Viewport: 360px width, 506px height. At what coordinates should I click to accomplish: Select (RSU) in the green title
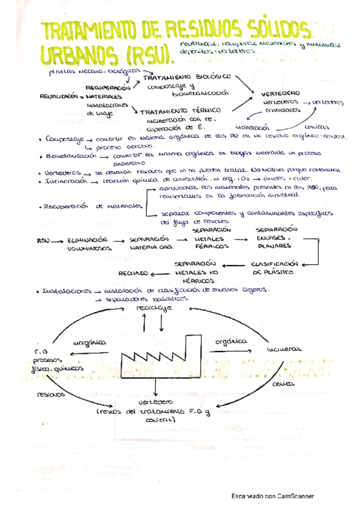coord(147,55)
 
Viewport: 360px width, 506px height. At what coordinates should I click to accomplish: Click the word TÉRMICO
coord(206,110)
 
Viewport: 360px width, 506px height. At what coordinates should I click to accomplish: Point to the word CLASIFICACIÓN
coord(274,263)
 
